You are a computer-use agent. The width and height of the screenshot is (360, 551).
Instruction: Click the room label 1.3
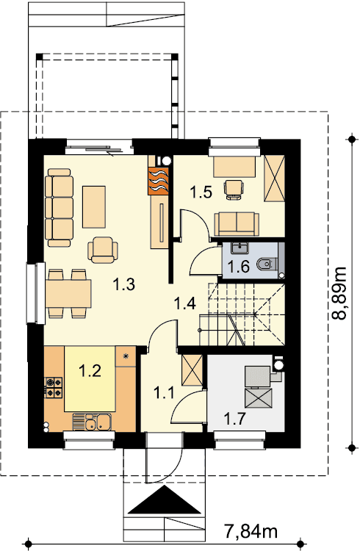click(124, 284)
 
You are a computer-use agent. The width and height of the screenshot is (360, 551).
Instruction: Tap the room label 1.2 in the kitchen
click(90, 371)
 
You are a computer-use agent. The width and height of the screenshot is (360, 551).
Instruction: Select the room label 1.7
click(234, 419)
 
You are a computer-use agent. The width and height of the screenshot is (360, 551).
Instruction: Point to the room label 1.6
click(239, 267)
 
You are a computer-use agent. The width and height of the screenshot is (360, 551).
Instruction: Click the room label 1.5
click(201, 192)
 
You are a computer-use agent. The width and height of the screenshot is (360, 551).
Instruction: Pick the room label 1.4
click(185, 303)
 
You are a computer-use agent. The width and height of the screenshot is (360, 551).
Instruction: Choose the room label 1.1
click(164, 392)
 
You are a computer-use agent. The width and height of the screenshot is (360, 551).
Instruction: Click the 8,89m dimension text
click(339, 293)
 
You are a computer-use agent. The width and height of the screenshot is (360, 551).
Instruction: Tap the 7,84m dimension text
click(251, 532)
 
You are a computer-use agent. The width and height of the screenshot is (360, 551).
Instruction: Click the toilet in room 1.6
click(267, 264)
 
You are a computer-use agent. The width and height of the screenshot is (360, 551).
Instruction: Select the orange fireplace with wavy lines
click(159, 181)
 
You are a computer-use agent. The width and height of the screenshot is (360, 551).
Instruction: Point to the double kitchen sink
click(92, 422)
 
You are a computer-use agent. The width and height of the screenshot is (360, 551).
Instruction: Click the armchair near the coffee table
click(103, 250)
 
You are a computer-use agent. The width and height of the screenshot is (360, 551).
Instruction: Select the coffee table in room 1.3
click(94, 206)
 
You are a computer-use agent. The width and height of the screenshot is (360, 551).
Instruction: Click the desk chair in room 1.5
click(234, 190)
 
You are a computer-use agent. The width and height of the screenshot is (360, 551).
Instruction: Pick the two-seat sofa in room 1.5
click(237, 224)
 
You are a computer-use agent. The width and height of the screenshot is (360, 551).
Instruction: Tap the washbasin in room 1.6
click(240, 248)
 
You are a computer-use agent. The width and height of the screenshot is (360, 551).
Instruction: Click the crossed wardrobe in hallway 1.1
click(192, 370)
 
